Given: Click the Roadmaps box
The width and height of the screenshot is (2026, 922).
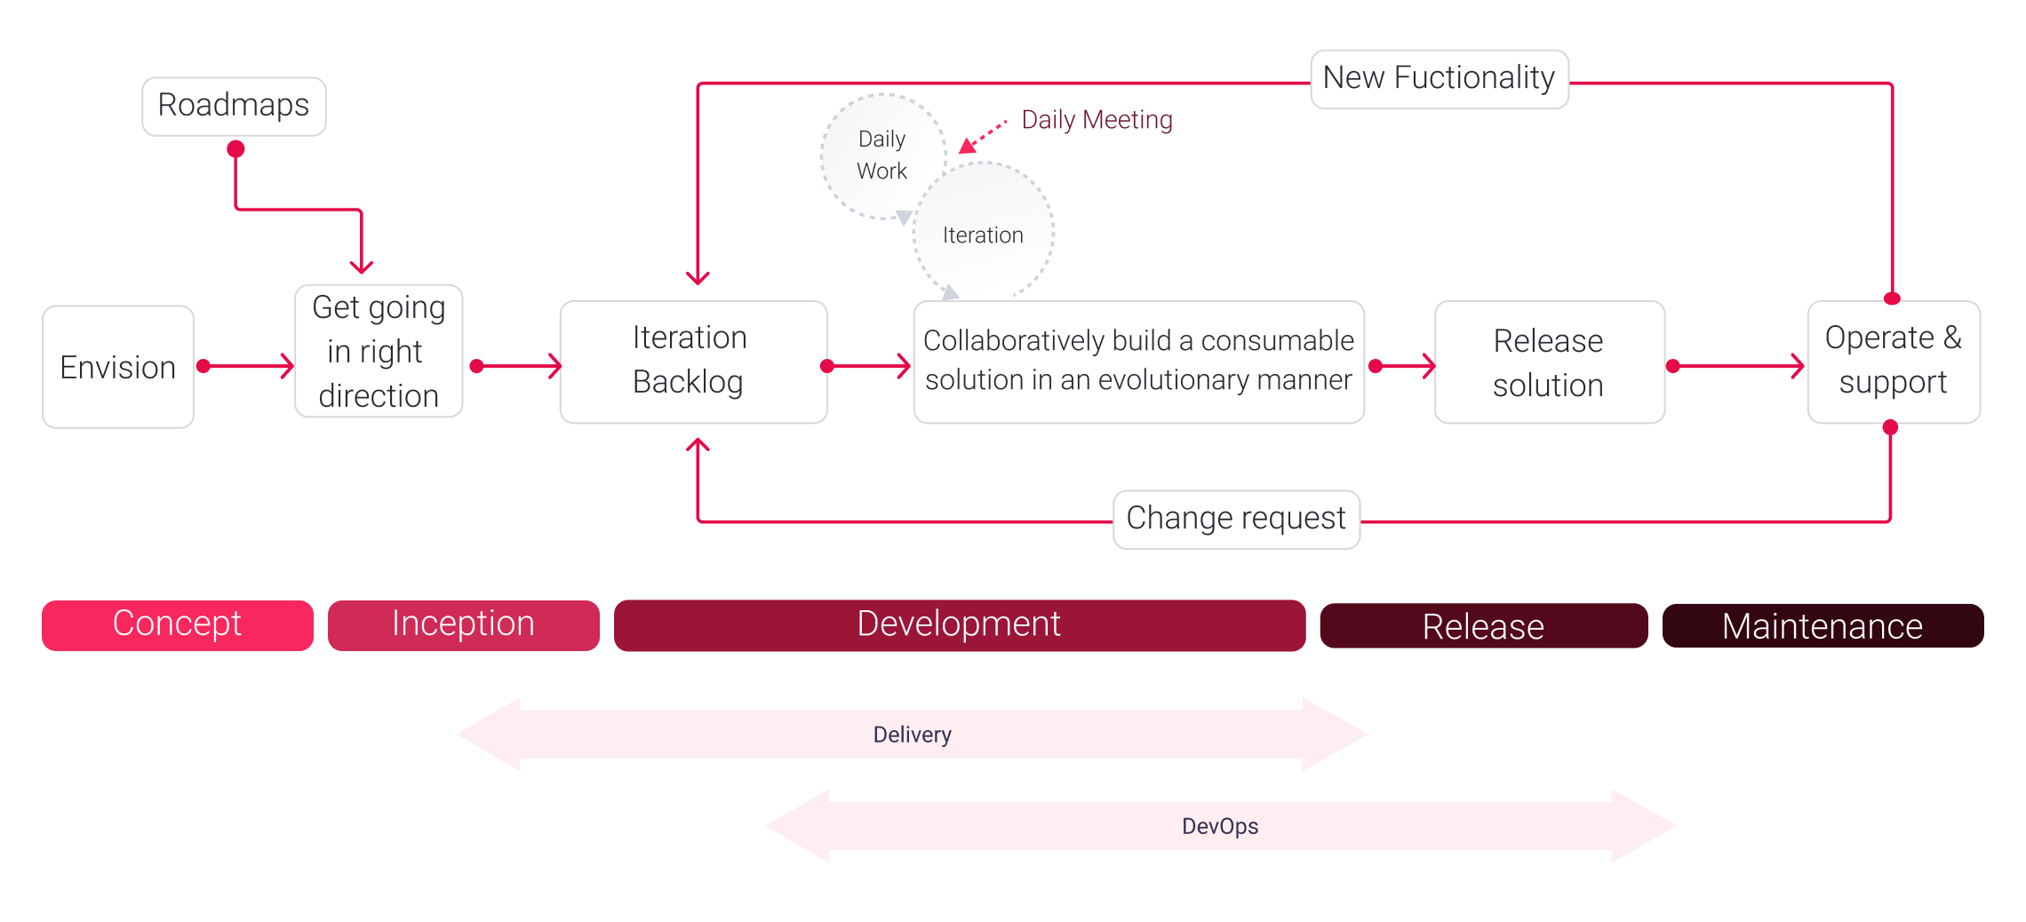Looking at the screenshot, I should [234, 106].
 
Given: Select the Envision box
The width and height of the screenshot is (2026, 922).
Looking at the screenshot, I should [118, 367].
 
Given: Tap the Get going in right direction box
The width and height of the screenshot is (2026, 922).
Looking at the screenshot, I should [379, 352].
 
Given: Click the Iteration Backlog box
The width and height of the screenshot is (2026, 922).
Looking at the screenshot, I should [693, 362].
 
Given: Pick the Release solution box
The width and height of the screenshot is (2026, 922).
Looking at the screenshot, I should [1549, 362].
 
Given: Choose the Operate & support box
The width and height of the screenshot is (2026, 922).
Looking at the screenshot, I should [1893, 362].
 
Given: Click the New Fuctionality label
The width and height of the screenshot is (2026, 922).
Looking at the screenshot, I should [1439, 78].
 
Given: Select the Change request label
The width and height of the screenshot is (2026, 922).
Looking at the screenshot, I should [1236, 519].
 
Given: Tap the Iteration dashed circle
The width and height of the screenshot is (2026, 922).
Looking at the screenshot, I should [984, 234].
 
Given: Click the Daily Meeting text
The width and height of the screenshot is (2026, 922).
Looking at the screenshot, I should [1097, 120].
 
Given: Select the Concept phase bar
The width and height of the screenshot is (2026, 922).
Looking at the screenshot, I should [177, 624].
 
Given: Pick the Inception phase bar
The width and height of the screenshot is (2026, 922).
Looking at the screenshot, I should [463, 624].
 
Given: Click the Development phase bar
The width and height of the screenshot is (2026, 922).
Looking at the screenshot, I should [959, 624].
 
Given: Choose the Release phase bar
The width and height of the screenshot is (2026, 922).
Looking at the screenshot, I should [1483, 626].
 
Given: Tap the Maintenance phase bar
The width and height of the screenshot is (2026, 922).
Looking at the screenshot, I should [1822, 626].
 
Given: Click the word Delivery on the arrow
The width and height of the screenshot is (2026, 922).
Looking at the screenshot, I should [912, 735].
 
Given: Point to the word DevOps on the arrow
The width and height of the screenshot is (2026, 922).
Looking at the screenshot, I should [1219, 826].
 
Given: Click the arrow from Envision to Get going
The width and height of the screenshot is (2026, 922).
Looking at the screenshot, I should [249, 366].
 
